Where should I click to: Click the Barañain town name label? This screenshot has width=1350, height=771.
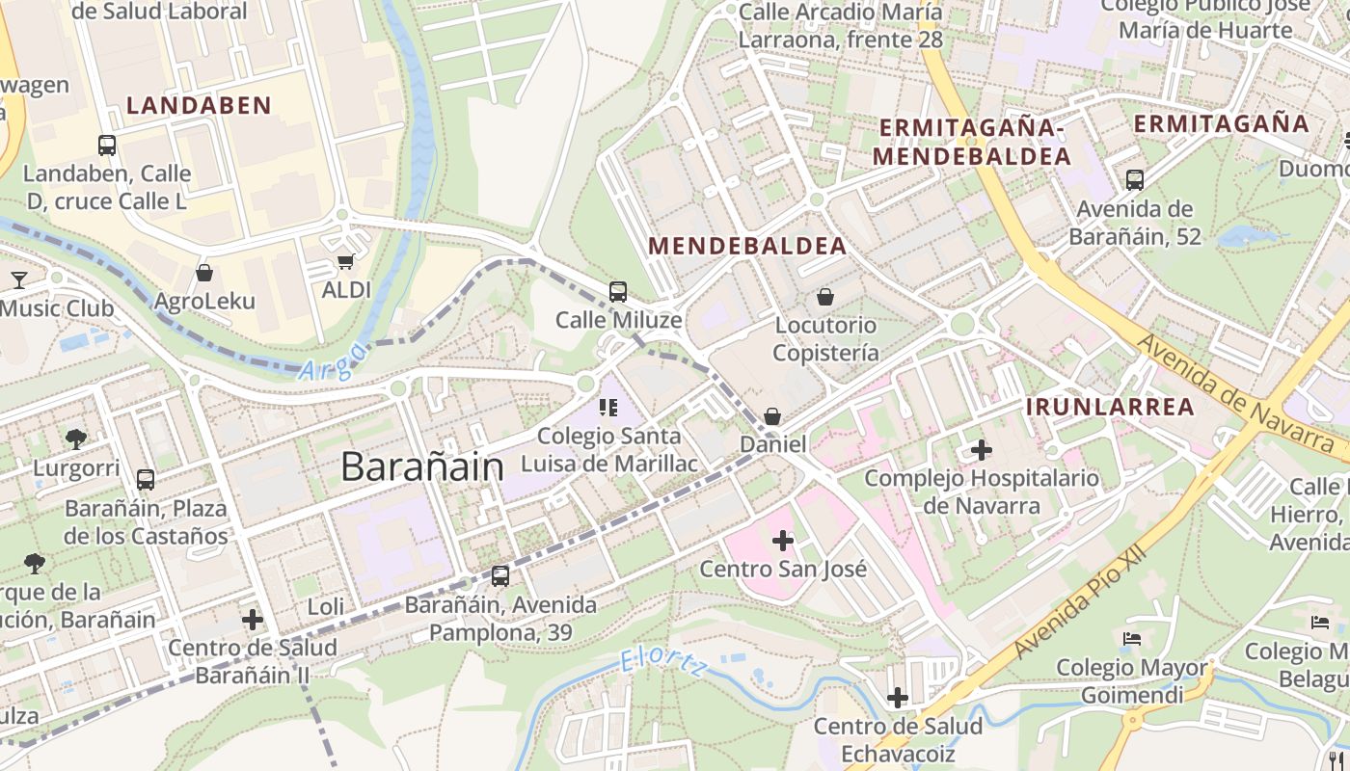[x=422, y=467]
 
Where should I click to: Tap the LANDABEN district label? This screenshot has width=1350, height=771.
[x=199, y=106]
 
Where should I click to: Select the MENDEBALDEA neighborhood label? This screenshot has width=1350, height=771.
[x=747, y=246]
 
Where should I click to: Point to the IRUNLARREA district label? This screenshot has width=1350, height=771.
[x=1110, y=407]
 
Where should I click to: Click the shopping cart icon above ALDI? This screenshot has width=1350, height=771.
[x=345, y=261]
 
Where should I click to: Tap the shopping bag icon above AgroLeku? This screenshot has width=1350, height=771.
[x=204, y=274]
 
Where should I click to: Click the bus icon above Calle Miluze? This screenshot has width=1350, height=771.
[x=618, y=291]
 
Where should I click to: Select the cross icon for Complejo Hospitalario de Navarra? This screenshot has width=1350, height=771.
[x=981, y=450]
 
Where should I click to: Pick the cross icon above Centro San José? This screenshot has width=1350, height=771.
[x=783, y=541]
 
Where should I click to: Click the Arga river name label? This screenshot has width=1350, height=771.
[x=333, y=361]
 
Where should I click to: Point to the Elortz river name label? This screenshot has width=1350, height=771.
[x=662, y=662]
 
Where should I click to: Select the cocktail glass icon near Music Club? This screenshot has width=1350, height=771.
[x=18, y=280]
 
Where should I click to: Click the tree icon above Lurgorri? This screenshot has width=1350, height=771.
[x=76, y=439]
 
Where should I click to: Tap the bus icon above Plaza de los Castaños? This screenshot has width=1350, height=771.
[x=146, y=479]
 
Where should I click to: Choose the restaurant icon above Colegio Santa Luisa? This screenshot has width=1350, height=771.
[x=608, y=408]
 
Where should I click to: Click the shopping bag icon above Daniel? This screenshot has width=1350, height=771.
[x=772, y=416]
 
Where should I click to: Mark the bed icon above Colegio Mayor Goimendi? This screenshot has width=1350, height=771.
[x=1131, y=639]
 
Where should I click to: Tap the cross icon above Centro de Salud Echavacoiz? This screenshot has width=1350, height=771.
[x=898, y=697]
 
